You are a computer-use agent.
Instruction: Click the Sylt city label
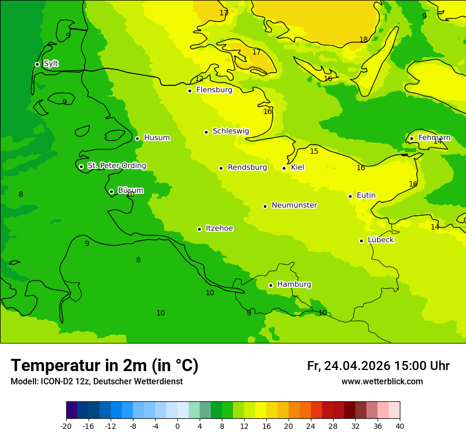click(x=51, y=64)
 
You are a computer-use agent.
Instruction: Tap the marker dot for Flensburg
click(x=190, y=91)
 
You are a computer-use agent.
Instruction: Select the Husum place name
click(x=157, y=138)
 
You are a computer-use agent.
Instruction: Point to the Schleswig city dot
click(x=206, y=132)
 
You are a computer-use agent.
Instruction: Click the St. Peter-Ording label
click(x=117, y=166)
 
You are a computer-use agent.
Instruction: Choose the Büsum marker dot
click(x=111, y=191)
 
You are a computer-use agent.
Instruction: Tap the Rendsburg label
click(x=247, y=168)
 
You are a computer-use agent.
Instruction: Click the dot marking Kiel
click(x=284, y=168)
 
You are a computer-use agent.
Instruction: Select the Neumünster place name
click(x=294, y=205)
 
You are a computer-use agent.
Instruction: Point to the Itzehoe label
click(x=219, y=228)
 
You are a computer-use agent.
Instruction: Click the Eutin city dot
click(x=350, y=196)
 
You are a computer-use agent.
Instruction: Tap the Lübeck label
click(x=381, y=240)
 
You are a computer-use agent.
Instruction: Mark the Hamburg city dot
click(x=271, y=285)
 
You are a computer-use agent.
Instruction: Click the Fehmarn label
click(x=434, y=138)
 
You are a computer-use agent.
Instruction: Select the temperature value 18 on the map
click(x=363, y=39)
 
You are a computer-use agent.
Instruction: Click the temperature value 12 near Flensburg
click(x=199, y=79)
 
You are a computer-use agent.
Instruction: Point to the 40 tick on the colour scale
click(x=400, y=426)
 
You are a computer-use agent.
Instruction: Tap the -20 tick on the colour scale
click(x=66, y=426)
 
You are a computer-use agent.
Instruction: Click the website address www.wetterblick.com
click(x=382, y=382)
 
